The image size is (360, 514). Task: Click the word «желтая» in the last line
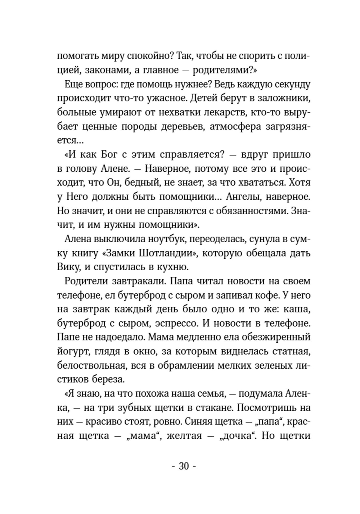[183, 436]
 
